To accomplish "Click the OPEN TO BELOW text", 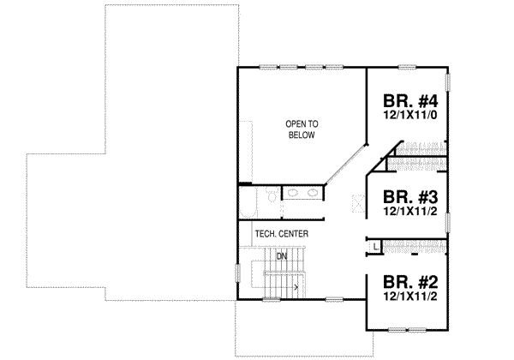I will pos(301,130).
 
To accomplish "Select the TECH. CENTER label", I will pos(281,234).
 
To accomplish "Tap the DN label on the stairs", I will pos(280,255).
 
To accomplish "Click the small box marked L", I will pos(375,247).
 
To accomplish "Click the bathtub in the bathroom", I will pos(247,202).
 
